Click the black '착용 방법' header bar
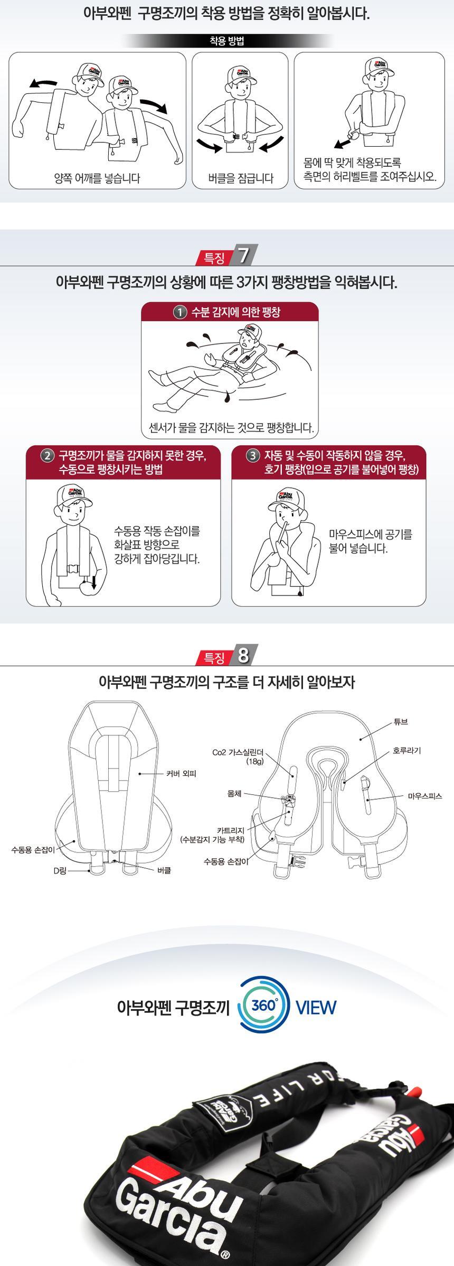227,41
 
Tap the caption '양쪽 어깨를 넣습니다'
98,178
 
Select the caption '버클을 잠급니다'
240,178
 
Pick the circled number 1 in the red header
181,312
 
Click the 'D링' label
60,871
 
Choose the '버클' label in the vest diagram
164,871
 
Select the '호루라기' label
406,750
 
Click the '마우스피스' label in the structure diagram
424,795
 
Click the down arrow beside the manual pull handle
93,582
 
